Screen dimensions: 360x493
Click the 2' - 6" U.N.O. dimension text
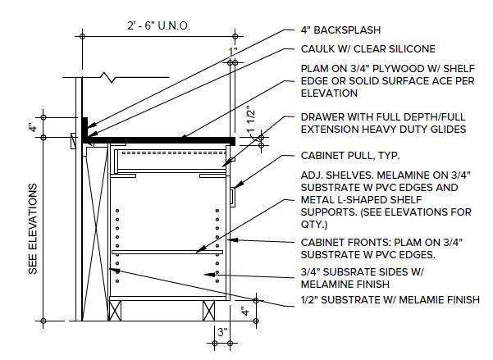[x=159, y=25]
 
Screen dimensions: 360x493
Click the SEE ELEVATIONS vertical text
[x=34, y=229]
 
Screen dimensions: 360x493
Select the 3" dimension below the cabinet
[x=221, y=334]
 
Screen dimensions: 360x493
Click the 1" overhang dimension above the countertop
[x=235, y=52]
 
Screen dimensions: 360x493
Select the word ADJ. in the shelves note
[x=312, y=175]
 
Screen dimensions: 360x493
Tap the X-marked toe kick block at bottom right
[x=209, y=309]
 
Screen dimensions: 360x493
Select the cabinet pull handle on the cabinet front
[x=234, y=194]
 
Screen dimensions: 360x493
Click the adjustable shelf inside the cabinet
[x=167, y=252]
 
